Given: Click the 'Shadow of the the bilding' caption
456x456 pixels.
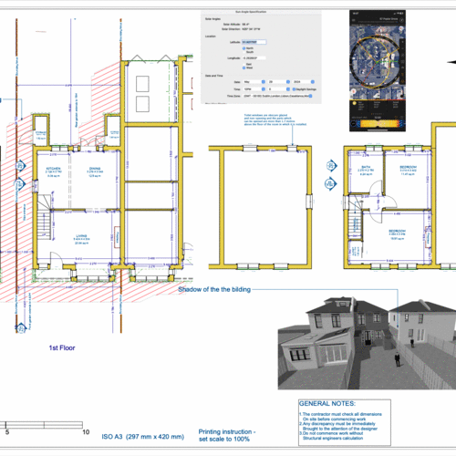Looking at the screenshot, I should (214, 289).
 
